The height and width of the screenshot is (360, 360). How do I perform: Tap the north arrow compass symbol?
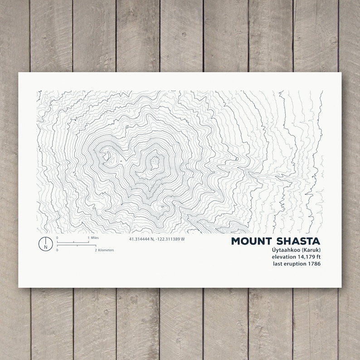45,243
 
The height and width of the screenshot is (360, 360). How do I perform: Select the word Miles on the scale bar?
94,238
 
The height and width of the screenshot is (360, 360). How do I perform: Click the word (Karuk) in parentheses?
310,250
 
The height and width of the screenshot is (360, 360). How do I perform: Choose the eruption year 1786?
314,264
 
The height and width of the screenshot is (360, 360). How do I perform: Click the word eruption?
295,264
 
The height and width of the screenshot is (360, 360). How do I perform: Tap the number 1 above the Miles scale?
88,238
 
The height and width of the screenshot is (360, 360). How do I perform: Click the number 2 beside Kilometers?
96,250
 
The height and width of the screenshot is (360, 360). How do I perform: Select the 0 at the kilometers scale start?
58,250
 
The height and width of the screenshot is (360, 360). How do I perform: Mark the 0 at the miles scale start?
58,238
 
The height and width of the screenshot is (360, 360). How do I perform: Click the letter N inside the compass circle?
45,247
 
